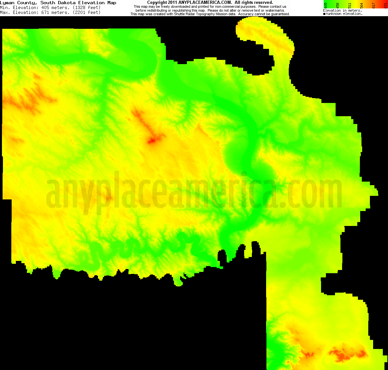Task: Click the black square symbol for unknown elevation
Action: pos(324,14)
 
